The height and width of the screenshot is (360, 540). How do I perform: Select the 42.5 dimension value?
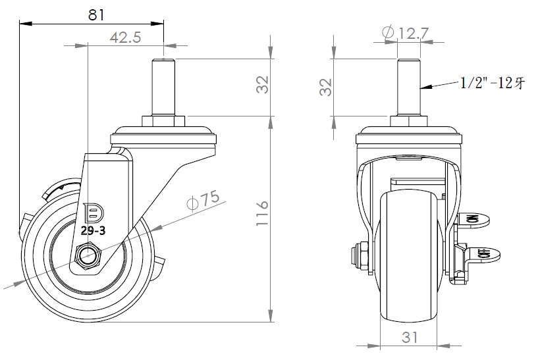[x=125, y=38]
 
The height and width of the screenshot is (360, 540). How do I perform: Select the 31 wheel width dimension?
[x=410, y=337]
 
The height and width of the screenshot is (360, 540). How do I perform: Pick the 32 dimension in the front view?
[x=325, y=86]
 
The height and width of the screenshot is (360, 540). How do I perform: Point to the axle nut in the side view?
[x=88, y=255]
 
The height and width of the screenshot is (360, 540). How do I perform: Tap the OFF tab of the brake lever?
[x=483, y=254]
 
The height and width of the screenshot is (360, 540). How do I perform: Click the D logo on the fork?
[x=95, y=212]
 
